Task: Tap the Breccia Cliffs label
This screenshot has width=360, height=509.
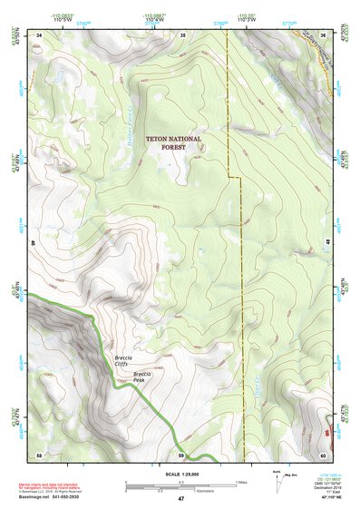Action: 126,361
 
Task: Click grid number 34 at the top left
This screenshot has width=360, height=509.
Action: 40,34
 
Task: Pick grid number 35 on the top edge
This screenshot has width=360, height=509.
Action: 182,34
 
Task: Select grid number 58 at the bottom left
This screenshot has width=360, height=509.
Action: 39,454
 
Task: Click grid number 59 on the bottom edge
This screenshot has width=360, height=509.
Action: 181,454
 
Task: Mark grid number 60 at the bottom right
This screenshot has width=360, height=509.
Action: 324,454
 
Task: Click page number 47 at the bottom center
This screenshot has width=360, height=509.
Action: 180,500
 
